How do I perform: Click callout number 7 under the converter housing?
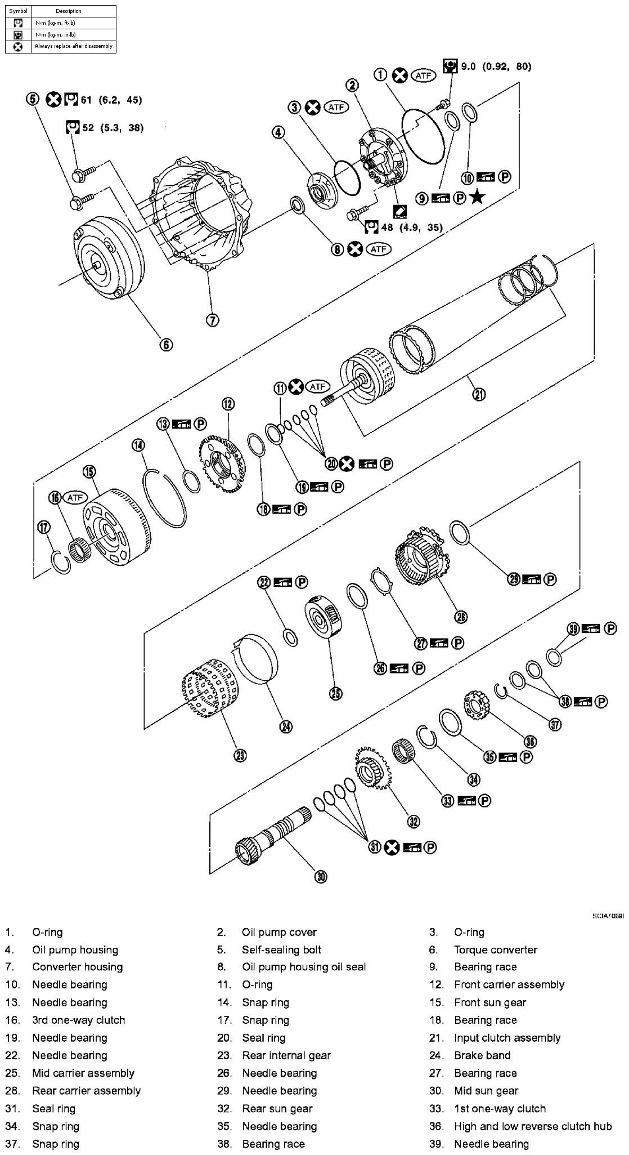click(212, 320)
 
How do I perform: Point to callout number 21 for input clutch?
click(478, 394)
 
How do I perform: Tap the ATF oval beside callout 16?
click(74, 497)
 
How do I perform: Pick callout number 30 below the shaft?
click(321, 876)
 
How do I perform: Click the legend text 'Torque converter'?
click(495, 950)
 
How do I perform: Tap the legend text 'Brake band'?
click(482, 1055)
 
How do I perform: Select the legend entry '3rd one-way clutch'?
click(78, 1020)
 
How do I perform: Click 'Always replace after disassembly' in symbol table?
click(74, 46)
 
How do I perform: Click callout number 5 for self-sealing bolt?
click(32, 99)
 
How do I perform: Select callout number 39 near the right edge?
click(573, 629)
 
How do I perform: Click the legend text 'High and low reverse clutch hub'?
click(532, 1126)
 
